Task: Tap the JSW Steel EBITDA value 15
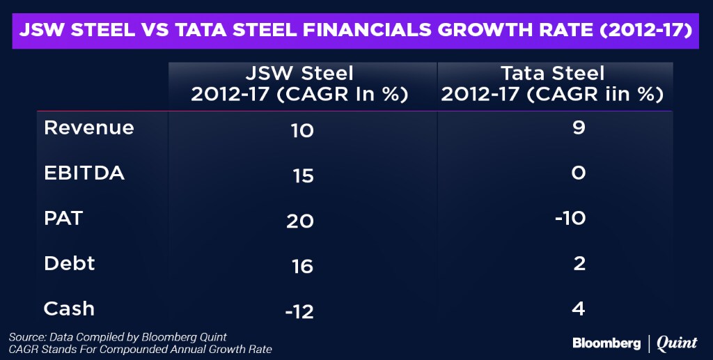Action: [302, 175]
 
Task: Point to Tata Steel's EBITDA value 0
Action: [578, 173]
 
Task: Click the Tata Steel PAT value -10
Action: [569, 219]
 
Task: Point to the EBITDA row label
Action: [84, 173]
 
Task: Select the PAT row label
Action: [63, 218]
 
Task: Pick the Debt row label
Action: [70, 263]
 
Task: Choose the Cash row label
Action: [69, 308]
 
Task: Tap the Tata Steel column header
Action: [554, 84]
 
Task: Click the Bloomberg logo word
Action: [606, 343]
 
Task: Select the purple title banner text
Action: [356, 32]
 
